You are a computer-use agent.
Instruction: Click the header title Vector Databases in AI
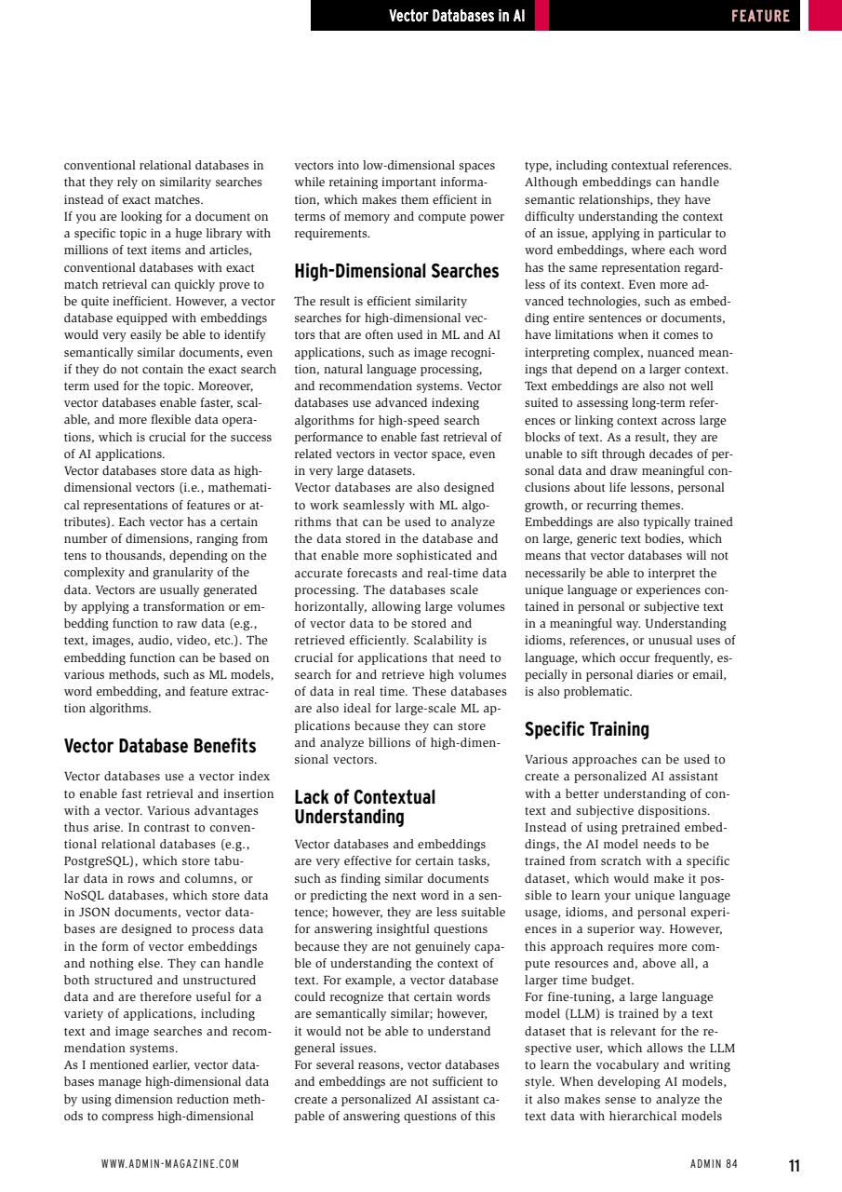pos(456,16)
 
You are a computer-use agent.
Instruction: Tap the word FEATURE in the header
pos(760,16)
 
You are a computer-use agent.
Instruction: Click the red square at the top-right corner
pos(824,16)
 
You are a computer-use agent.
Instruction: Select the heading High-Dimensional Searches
pos(396,272)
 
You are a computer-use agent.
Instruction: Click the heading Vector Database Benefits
pos(159,746)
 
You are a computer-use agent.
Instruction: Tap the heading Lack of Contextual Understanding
pos(364,807)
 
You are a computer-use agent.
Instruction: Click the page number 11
pos(794,1166)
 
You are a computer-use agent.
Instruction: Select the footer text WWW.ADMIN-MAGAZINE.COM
pos(170,1164)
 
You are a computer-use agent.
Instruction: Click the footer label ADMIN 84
pos(714,1164)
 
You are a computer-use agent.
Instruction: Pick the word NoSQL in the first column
pos(84,896)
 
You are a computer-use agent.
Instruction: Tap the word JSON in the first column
pos(93,913)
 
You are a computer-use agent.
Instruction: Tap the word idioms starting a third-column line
pos(544,641)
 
